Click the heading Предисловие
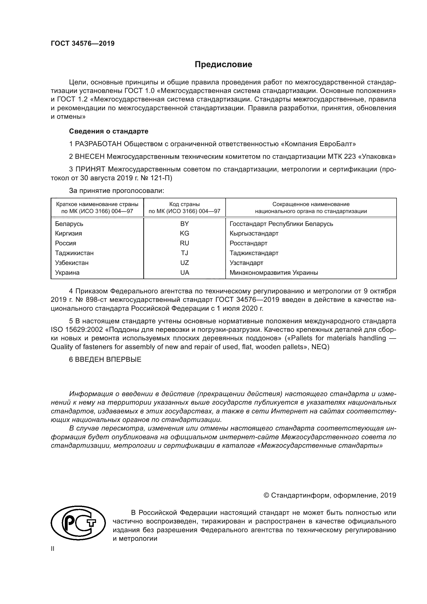pyautogui.click(x=223, y=65)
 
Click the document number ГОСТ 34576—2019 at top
pyautogui.click(x=83, y=44)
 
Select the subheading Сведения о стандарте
pyautogui.click(x=109, y=131)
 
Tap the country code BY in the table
pyautogui.click(x=184, y=224)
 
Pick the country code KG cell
pyautogui.click(x=184, y=234)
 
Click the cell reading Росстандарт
pyautogui.click(x=248, y=243)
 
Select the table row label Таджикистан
pyautogui.click(x=74, y=253)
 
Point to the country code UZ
pyautogui.click(x=184, y=263)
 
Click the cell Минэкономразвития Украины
pyautogui.click(x=274, y=273)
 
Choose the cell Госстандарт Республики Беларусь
pyautogui.click(x=281, y=224)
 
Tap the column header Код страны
pyautogui.click(x=184, y=205)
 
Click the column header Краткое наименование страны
pyautogui.click(x=97, y=205)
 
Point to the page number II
pyautogui.click(x=53, y=549)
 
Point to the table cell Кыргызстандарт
pyautogui.click(x=254, y=234)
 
